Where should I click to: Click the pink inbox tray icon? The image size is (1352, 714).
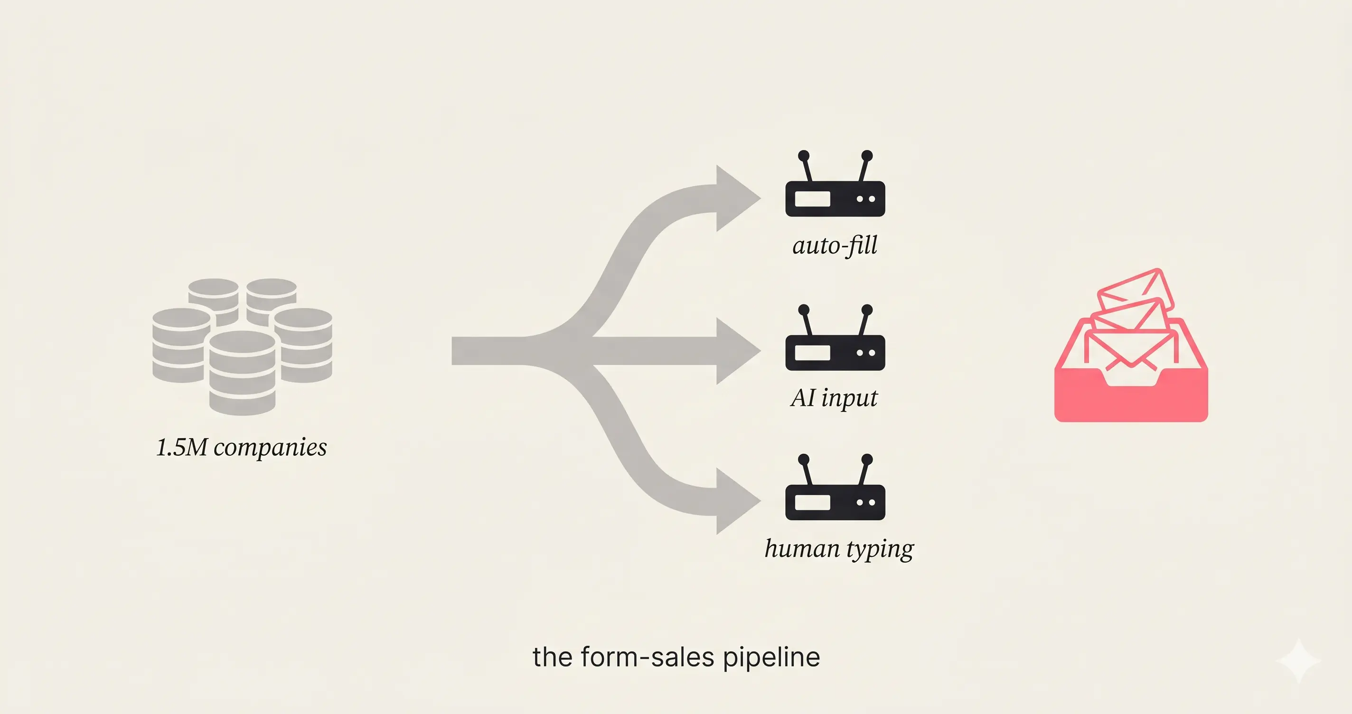[1131, 367]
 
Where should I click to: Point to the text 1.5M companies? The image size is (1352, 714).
[242, 447]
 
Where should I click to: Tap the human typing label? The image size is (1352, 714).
[839, 549]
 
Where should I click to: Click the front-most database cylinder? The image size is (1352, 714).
[242, 373]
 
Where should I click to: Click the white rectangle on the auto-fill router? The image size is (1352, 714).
[812, 199]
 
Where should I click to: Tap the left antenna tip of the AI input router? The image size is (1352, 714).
[804, 310]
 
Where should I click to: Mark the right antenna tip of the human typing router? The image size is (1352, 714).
[867, 460]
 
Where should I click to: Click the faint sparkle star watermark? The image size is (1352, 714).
[1298, 660]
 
